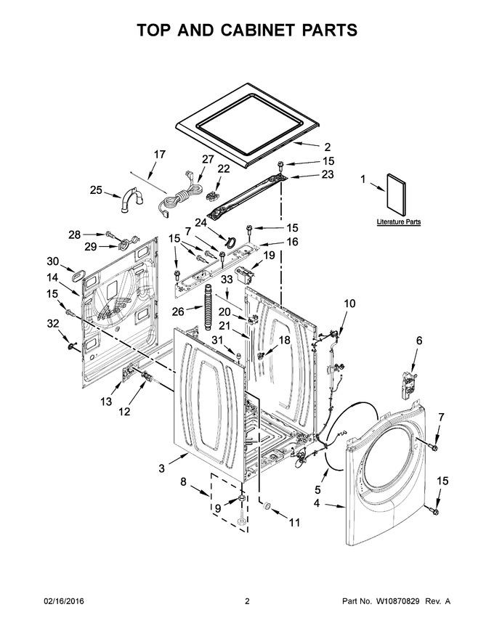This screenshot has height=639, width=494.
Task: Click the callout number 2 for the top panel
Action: click(x=328, y=147)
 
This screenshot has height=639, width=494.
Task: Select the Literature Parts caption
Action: click(x=399, y=222)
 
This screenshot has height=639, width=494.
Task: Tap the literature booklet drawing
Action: click(x=397, y=195)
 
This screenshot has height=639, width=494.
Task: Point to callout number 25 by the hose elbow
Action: click(x=96, y=190)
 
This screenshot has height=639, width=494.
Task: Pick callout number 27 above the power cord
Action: click(x=208, y=159)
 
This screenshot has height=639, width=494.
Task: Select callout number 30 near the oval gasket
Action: click(x=53, y=261)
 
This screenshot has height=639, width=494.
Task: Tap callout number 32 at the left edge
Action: click(x=53, y=324)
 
